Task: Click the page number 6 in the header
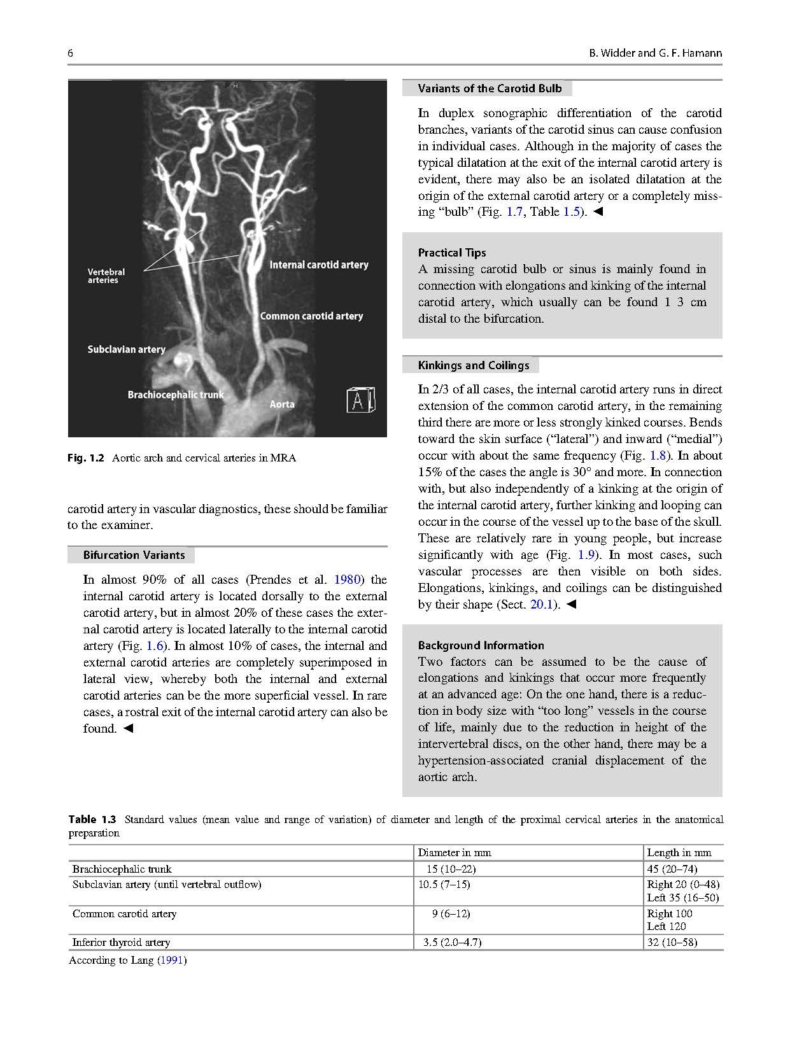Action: [x=70, y=53]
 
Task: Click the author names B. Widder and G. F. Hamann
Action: [x=655, y=53]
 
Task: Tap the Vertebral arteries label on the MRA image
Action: [x=106, y=276]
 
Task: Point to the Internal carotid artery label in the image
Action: [x=318, y=265]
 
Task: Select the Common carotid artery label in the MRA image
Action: [x=311, y=316]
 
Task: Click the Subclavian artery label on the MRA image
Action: [x=126, y=349]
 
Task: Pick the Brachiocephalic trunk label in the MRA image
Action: [x=176, y=395]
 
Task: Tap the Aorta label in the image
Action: [x=282, y=404]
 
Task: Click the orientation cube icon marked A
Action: [x=360, y=400]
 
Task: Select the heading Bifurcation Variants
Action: [x=134, y=555]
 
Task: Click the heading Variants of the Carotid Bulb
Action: [x=490, y=88]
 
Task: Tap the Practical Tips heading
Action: [x=452, y=253]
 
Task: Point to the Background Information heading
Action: [x=481, y=645]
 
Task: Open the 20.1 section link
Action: [x=542, y=605]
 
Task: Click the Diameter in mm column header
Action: [x=455, y=852]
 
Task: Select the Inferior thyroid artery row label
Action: [x=121, y=942]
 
